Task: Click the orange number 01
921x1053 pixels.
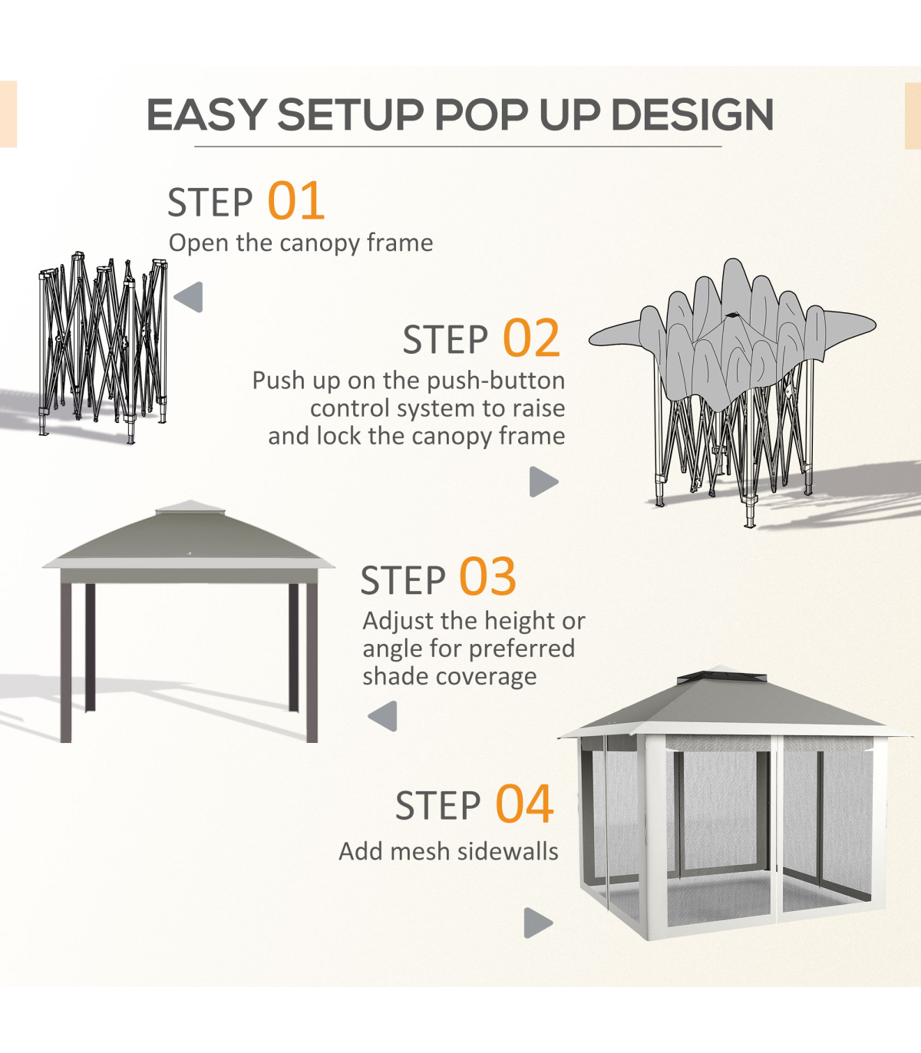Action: pos(295,201)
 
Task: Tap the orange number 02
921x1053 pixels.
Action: pos(531,338)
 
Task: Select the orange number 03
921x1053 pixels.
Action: pos(487,577)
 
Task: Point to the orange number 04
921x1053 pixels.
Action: pos(524,804)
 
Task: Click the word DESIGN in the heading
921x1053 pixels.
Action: pos(692,114)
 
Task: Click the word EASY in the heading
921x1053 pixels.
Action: pos(206,114)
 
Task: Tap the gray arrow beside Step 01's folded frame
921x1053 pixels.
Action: pos(189,297)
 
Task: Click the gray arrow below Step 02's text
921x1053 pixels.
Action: pos(544,482)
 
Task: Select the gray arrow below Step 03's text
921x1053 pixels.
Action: pos(383,716)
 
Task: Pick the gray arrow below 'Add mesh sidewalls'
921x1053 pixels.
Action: pos(538,923)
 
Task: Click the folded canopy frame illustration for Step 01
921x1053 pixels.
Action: pos(103,348)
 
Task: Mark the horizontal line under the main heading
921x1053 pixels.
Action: pos(458,147)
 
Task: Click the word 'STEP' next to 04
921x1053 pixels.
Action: pos(437,806)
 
